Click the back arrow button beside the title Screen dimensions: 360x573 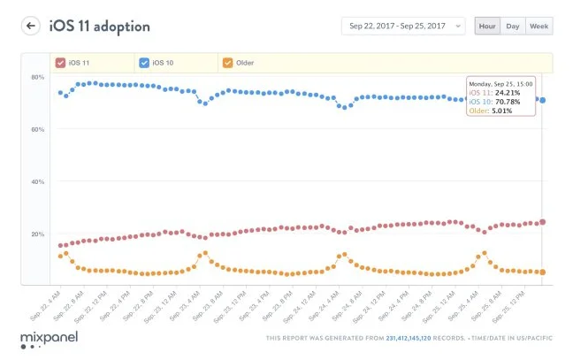click(x=31, y=26)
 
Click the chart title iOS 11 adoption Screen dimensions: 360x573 click(x=99, y=27)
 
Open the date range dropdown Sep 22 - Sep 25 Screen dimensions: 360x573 click(x=402, y=27)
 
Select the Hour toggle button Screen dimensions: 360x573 click(x=485, y=27)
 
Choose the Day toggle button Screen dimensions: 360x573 click(x=512, y=27)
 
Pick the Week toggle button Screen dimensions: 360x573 click(x=539, y=27)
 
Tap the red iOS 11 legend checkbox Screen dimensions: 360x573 click(x=60, y=63)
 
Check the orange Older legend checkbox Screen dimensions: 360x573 click(x=227, y=63)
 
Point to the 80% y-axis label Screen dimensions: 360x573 click(x=38, y=78)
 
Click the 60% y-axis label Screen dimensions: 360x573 click(x=38, y=130)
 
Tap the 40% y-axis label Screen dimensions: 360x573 click(x=38, y=182)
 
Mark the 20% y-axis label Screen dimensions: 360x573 click(x=38, y=234)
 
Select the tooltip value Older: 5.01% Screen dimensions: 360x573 click(x=493, y=110)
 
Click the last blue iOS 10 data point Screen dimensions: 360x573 click(x=542, y=101)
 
